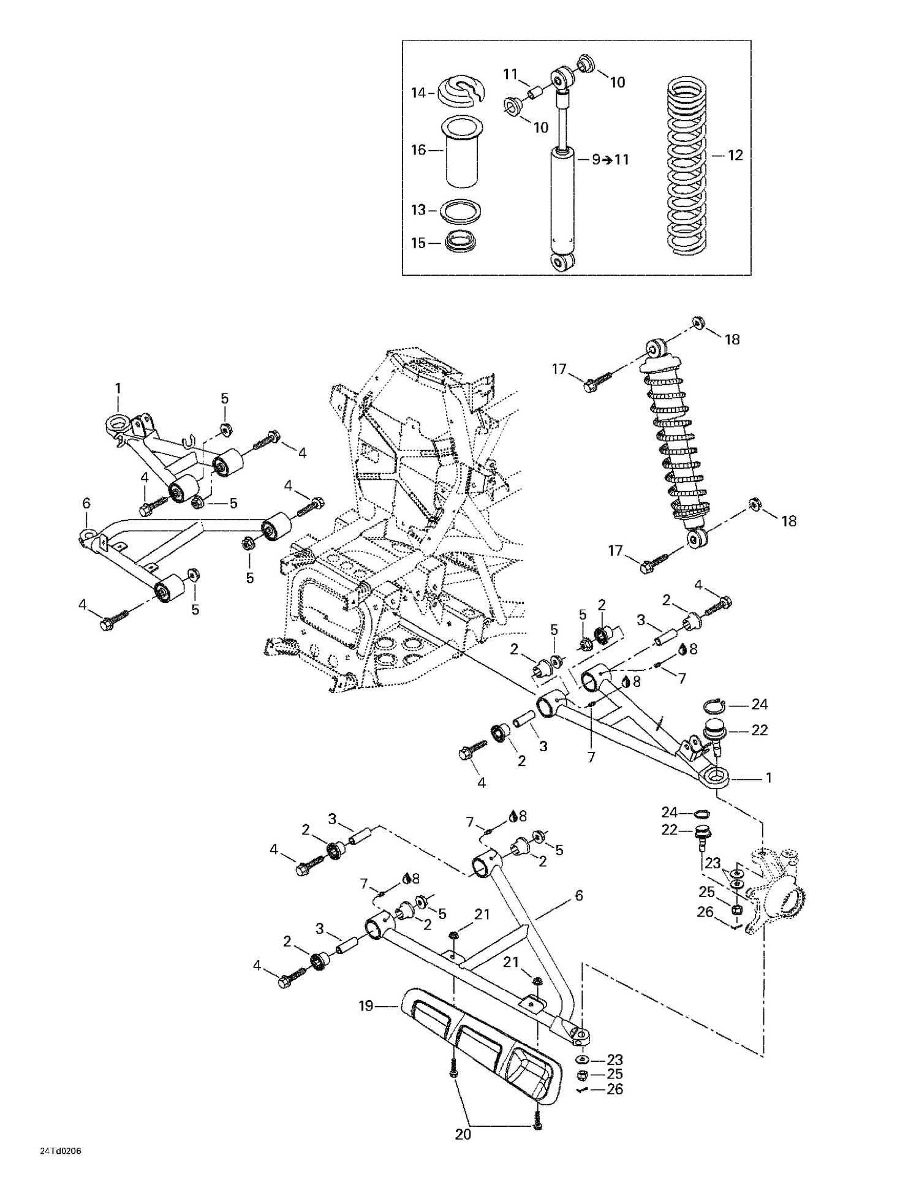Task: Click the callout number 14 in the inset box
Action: (x=418, y=93)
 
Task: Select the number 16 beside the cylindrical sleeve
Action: (x=418, y=150)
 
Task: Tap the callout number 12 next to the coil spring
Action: (x=735, y=156)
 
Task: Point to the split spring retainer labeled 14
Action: (x=463, y=92)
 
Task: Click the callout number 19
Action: (x=366, y=1006)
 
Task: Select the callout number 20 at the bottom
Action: (x=463, y=1134)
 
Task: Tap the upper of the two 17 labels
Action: (x=559, y=369)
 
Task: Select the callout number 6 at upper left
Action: (x=86, y=503)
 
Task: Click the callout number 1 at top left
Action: (x=118, y=388)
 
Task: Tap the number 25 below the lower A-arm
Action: (x=615, y=1074)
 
